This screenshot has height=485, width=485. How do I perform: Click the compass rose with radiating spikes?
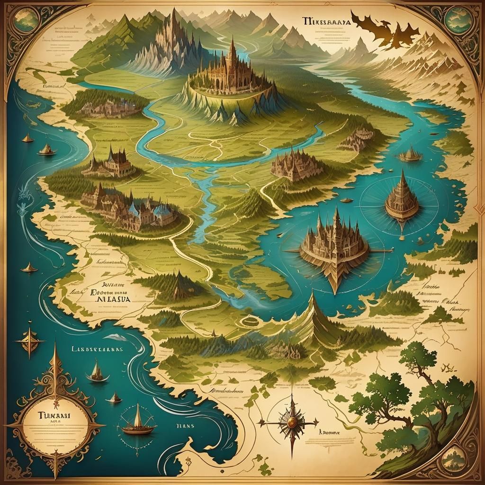pos(287,421)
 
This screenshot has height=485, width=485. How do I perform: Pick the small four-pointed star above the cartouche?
pos(30,340)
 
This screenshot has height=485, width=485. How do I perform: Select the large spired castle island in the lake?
pos(335,246)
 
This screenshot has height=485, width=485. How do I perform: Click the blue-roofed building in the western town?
pos(163,212)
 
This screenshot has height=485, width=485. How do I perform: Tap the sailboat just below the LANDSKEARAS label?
pos(97,372)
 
